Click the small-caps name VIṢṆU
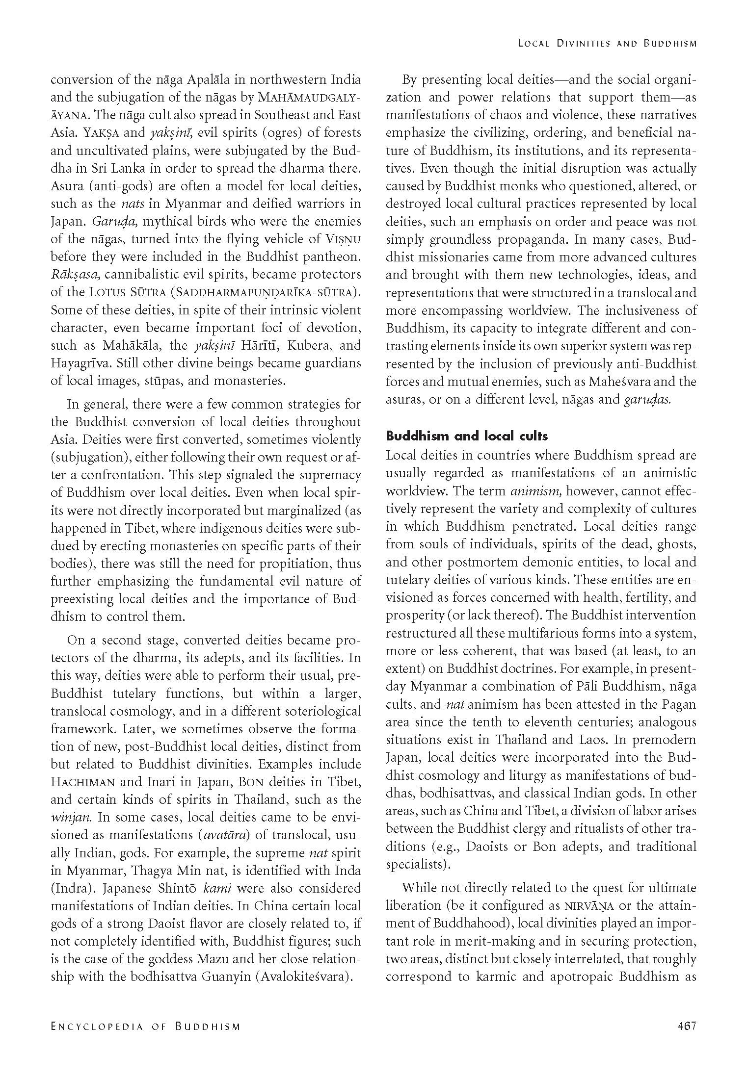(x=343, y=239)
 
